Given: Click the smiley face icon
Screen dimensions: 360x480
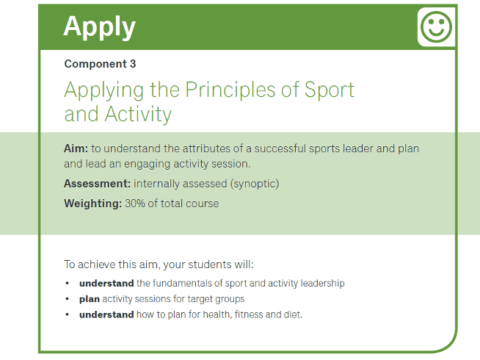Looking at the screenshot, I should click(436, 28).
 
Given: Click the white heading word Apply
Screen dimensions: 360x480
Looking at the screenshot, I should click(99, 26).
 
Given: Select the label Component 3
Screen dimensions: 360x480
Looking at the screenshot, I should click(100, 64).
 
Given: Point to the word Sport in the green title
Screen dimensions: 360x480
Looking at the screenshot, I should click(329, 90).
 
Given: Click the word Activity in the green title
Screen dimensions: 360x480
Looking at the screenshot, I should click(137, 114).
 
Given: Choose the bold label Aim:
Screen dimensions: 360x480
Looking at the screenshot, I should click(76, 148).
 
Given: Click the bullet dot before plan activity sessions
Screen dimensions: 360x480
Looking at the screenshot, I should click(68, 299).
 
